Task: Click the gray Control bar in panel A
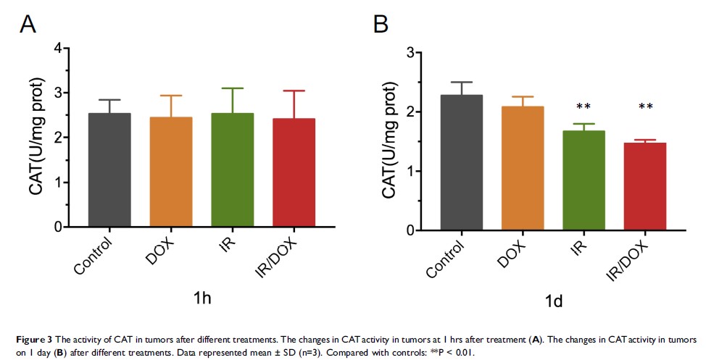click(109, 170)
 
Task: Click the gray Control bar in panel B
click(461, 163)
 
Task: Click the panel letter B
click(381, 25)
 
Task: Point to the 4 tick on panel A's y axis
click(59, 48)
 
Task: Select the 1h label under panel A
click(202, 298)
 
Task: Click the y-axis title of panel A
click(38, 138)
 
